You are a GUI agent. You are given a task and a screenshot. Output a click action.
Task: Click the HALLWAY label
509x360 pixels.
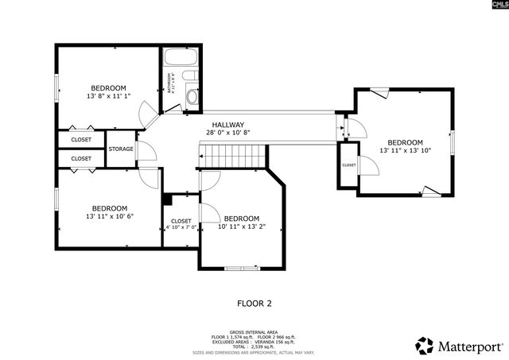click(227, 124)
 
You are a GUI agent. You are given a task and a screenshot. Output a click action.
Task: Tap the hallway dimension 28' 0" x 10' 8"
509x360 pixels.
click(227, 133)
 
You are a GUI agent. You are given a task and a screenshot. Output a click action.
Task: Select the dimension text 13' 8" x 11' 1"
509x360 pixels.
click(108, 96)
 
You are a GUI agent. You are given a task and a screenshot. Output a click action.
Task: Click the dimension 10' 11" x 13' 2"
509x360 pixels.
click(241, 226)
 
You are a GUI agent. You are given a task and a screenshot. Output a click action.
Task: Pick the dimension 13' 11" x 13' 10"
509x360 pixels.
click(405, 150)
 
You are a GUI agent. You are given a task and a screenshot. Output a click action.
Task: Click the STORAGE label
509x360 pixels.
click(121, 149)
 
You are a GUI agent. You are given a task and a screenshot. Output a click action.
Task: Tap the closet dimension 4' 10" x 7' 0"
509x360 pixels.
click(181, 228)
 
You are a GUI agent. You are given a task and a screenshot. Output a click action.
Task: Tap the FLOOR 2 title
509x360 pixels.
click(254, 303)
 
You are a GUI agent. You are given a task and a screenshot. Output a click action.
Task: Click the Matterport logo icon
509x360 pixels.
click(425, 345)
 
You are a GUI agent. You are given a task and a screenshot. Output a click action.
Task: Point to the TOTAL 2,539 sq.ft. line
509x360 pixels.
click(254, 346)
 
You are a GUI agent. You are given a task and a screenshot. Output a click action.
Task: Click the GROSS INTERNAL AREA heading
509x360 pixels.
click(254, 332)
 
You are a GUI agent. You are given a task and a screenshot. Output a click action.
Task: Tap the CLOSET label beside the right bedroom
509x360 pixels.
click(348, 165)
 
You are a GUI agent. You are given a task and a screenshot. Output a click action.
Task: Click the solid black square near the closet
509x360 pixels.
click(167, 199)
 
